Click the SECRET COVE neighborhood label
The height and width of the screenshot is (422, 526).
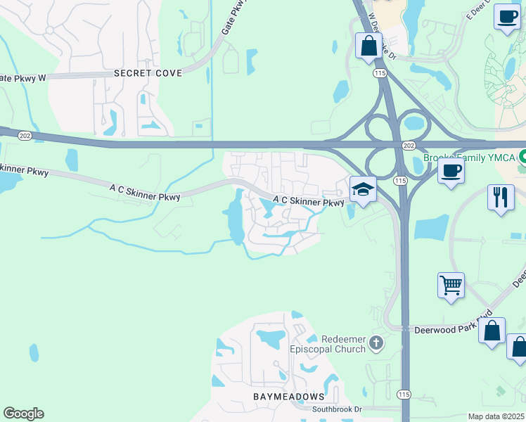[148, 73]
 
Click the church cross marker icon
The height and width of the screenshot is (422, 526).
[376, 343]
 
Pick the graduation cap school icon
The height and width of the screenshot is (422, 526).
[363, 189]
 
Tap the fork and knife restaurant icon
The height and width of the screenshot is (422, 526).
[500, 196]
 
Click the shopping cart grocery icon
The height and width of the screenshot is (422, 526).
[451, 286]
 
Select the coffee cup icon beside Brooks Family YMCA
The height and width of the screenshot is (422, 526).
[451, 170]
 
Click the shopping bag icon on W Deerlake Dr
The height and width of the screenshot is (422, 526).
[368, 46]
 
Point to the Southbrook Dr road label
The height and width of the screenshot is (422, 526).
[338, 409]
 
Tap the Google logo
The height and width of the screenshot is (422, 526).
[23, 414]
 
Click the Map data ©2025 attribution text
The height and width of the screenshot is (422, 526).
[496, 416]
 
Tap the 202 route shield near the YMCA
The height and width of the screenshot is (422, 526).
[409, 144]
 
